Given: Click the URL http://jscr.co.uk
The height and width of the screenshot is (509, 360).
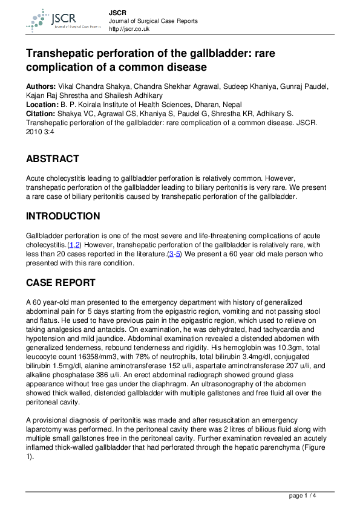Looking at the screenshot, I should point(129,29).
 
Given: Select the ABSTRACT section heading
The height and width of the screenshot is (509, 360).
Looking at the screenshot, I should point(53,159).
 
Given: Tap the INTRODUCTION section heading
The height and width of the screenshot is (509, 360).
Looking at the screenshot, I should point(63,216).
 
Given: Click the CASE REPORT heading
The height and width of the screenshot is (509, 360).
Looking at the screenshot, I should point(61,282).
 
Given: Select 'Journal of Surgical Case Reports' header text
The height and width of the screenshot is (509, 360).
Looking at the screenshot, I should point(153,21).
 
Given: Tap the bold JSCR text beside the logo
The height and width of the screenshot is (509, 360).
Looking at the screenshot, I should point(117,12).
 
